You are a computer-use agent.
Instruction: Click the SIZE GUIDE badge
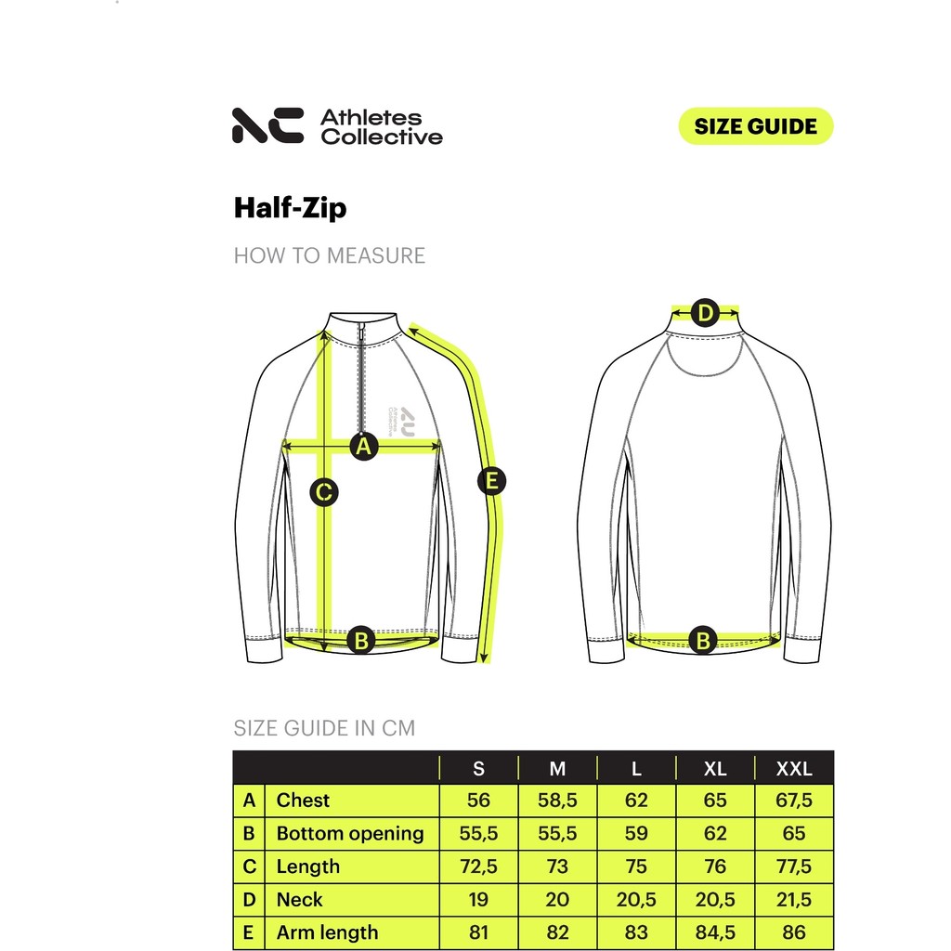coord(756,126)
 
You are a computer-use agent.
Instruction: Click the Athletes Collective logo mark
coord(267,125)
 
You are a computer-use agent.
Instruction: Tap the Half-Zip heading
coord(290,207)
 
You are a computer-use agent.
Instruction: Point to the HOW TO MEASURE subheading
coord(329,255)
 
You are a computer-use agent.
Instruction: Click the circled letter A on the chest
coord(364,447)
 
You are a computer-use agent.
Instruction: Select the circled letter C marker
coord(323,492)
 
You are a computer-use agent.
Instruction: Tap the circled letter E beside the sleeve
coord(492,481)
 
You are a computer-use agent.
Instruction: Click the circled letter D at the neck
coord(705,314)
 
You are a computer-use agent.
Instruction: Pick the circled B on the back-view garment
coord(703,640)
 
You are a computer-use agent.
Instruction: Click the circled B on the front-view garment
coord(361,640)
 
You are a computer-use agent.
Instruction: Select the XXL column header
coord(794,769)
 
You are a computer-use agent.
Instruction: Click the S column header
coord(478,769)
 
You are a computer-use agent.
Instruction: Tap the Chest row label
coord(303,801)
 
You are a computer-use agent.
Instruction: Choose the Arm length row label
coord(327,932)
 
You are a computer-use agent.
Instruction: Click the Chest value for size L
coord(636,801)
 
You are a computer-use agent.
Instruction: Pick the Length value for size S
coord(478,866)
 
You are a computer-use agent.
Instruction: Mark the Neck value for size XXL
coord(794,899)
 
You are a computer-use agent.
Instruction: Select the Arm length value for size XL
coord(715,932)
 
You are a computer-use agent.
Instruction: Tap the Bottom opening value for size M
coord(557,833)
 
